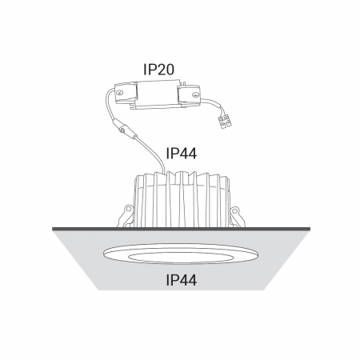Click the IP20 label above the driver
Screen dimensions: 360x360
pyautogui.click(x=158, y=70)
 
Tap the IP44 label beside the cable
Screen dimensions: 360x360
pyautogui.click(x=182, y=154)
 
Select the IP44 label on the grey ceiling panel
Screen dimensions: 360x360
pyautogui.click(x=182, y=280)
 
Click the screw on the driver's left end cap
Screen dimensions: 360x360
pyautogui.click(x=120, y=93)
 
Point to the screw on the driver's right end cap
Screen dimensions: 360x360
pyautogui.click(x=195, y=94)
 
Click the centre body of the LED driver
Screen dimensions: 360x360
pyautogui.click(x=158, y=94)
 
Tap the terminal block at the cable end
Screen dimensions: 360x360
pyautogui.click(x=225, y=122)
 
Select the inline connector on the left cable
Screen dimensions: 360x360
pyautogui.click(x=123, y=129)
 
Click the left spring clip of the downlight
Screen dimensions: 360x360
pyautogui.click(x=126, y=216)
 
